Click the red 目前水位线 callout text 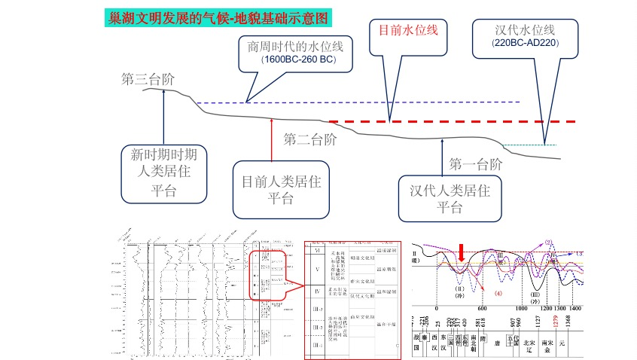407,30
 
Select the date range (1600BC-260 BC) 297,59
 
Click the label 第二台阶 309,139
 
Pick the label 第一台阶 475,163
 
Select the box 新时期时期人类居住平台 164,172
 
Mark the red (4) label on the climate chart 498,292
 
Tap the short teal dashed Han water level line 529,145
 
